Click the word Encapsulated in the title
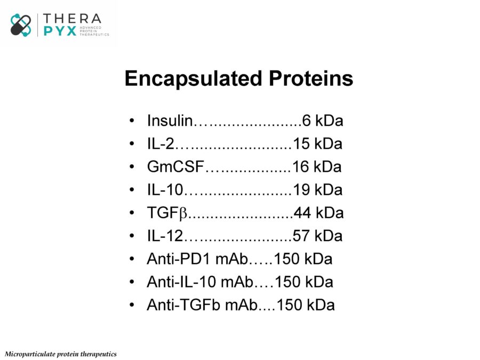[x=194, y=79]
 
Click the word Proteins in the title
[x=311, y=78]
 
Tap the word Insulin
[x=170, y=121]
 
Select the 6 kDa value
[x=323, y=121]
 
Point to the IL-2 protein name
[x=161, y=143]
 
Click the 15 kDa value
[x=317, y=143]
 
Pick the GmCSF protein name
[x=175, y=166]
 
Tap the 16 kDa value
[x=317, y=166]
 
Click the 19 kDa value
[x=317, y=189]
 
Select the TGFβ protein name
[x=167, y=213]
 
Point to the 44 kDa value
[x=319, y=213]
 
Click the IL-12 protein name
[x=165, y=236]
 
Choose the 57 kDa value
[x=317, y=236]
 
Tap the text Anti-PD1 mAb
[x=197, y=259]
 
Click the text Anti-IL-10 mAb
[x=200, y=282]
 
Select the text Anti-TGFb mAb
[x=202, y=305]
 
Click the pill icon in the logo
[x=21, y=25]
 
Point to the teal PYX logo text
[x=60, y=31]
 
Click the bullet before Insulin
[x=132, y=121]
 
